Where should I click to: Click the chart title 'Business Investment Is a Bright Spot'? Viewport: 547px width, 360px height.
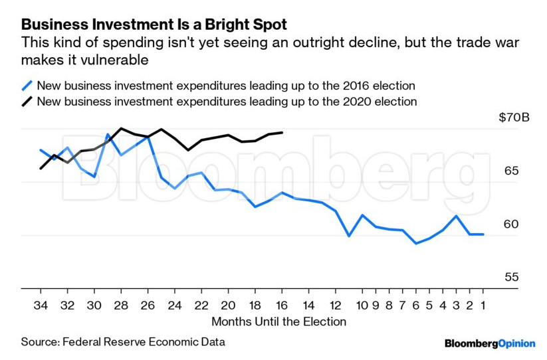154,25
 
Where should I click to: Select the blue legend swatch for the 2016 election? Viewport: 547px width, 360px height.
27,86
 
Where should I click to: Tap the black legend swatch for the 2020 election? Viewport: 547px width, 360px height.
27,102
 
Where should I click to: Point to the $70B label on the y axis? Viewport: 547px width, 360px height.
514,118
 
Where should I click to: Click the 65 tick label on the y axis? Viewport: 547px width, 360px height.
511,171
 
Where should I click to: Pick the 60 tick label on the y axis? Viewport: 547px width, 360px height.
511,225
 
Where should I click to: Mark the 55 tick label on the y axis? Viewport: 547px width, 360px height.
511,278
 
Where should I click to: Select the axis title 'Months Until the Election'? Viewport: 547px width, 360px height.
278,321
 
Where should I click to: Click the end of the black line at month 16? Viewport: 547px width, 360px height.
282,132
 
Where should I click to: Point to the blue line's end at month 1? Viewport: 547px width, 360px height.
483,234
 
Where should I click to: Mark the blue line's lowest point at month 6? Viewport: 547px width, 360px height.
416,243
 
